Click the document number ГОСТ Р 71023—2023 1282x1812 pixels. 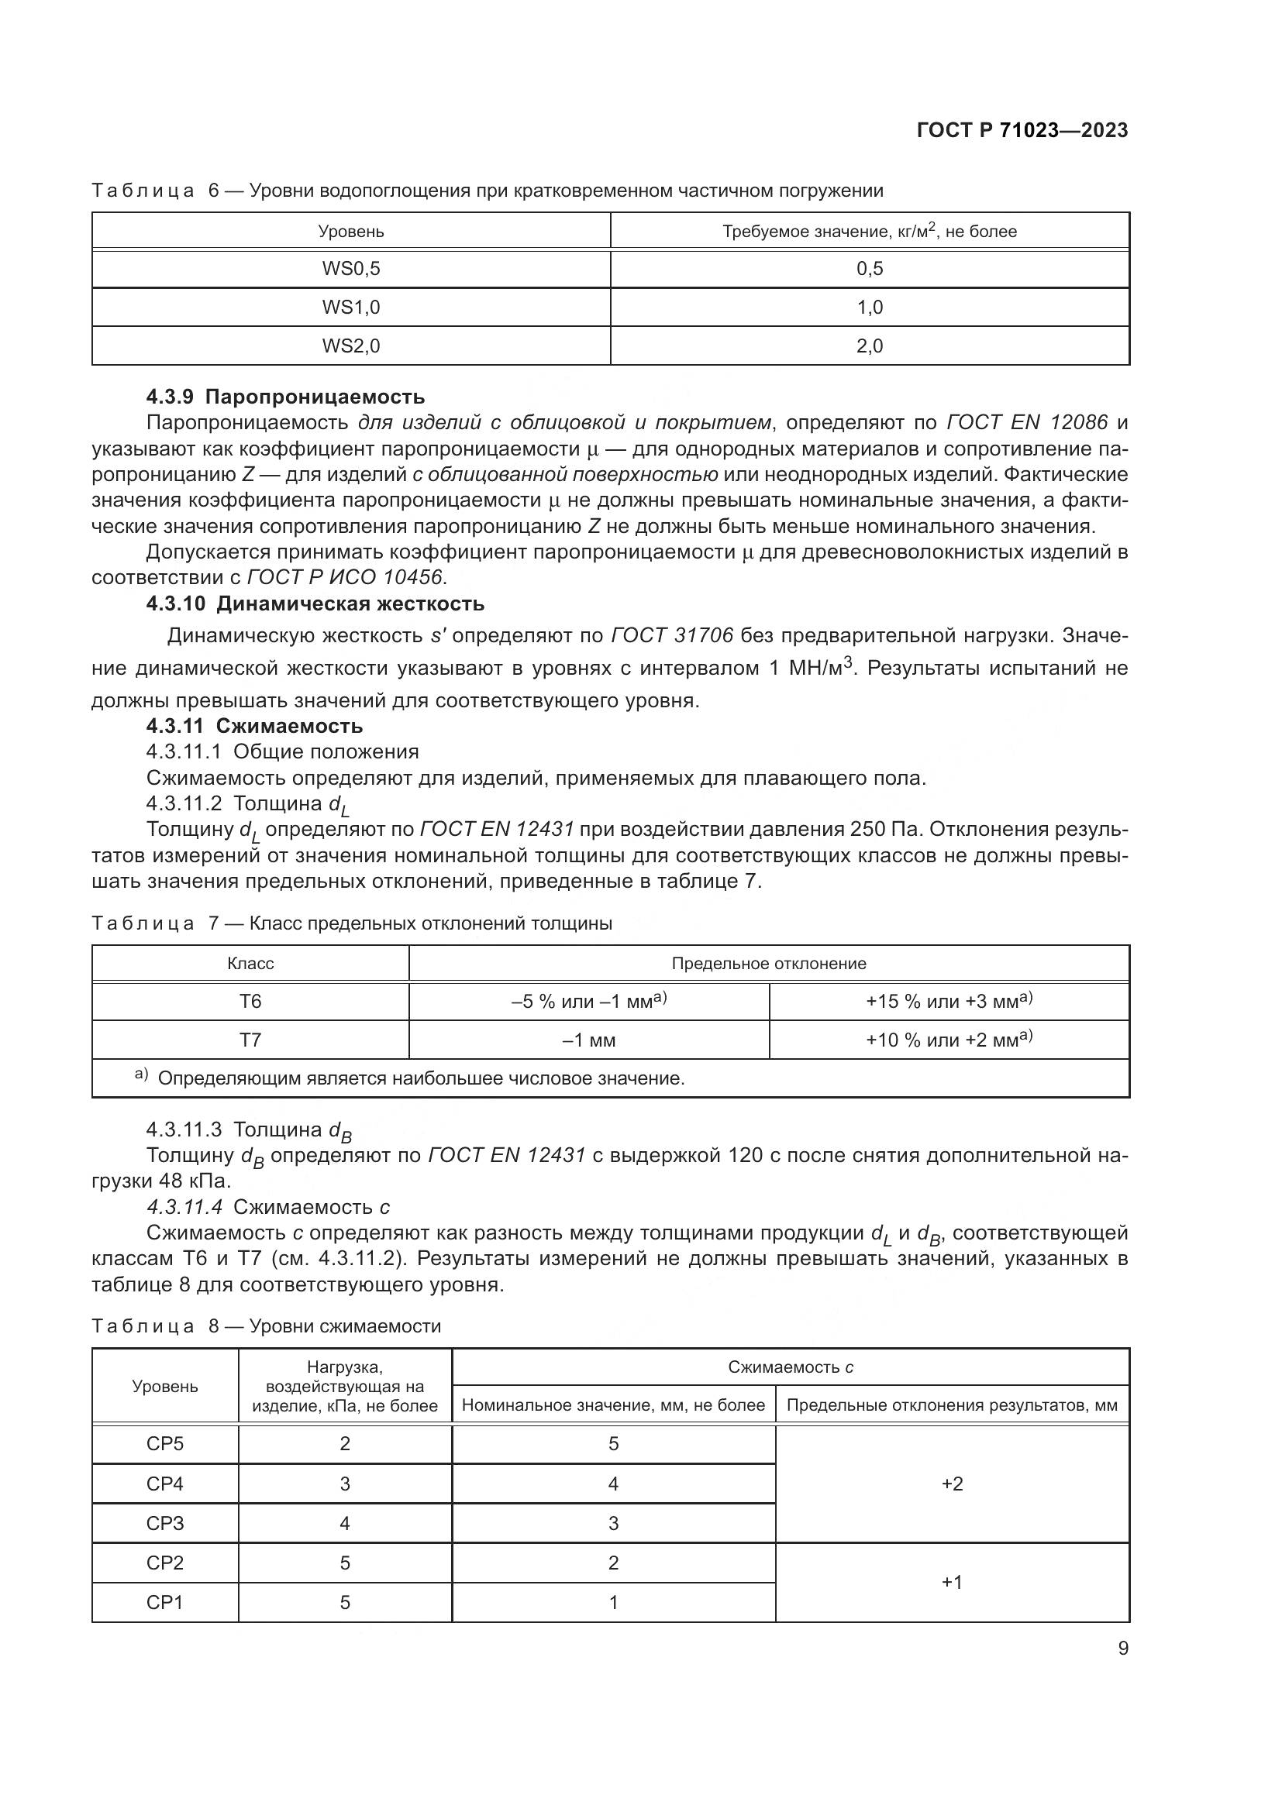[1022, 131]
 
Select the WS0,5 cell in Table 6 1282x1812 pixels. [350, 269]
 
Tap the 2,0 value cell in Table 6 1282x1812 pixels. [869, 346]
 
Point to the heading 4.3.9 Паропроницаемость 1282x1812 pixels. [285, 396]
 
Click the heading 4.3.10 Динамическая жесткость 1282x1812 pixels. [315, 603]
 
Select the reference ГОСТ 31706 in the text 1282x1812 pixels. [672, 635]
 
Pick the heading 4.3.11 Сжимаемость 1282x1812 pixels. [254, 725]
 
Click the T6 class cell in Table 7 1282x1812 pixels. [250, 1002]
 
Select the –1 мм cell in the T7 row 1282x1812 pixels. [588, 1040]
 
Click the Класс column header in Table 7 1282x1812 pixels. [250, 964]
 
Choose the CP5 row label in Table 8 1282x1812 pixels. [165, 1444]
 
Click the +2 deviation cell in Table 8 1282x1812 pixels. [952, 1484]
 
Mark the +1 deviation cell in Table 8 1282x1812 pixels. [952, 1583]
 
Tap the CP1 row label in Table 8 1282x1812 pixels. [165, 1602]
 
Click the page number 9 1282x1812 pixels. [1122, 1649]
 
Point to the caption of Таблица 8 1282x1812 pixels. [266, 1326]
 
